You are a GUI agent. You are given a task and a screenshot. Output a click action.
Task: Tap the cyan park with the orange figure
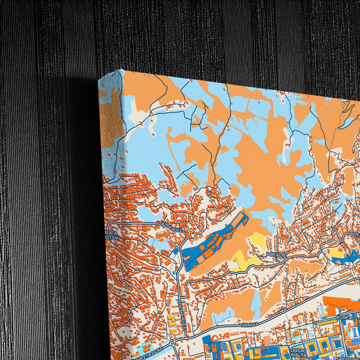[146, 352]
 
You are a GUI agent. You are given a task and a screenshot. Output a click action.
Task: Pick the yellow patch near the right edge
[336, 253]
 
